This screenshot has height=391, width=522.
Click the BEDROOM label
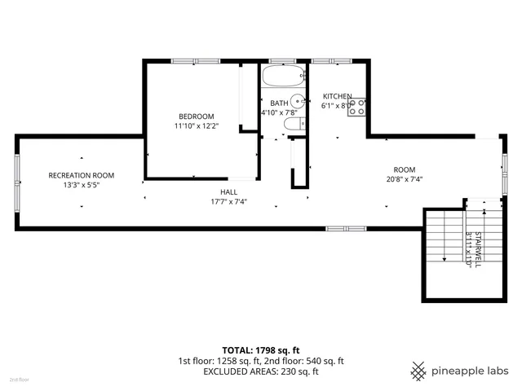pyautogui.click(x=196, y=116)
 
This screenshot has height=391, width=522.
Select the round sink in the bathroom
pyautogui.click(x=298, y=103)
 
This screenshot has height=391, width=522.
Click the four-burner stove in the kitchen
pyautogui.click(x=356, y=108)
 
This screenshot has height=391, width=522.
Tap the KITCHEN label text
pyautogui.click(x=337, y=96)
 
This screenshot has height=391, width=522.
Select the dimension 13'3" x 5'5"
pyautogui.click(x=81, y=185)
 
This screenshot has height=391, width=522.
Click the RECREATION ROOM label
pyautogui.click(x=81, y=175)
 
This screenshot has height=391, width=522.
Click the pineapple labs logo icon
pyautogui.click(x=418, y=371)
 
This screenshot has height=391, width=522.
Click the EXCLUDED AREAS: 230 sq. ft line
pyautogui.click(x=261, y=371)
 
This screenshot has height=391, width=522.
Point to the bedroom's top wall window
pyautogui.click(x=196, y=60)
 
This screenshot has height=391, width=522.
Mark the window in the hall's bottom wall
pyautogui.click(x=340, y=228)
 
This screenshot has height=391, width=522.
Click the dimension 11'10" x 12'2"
pyautogui.click(x=196, y=126)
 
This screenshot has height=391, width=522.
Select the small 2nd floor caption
pyautogui.click(x=18, y=380)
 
